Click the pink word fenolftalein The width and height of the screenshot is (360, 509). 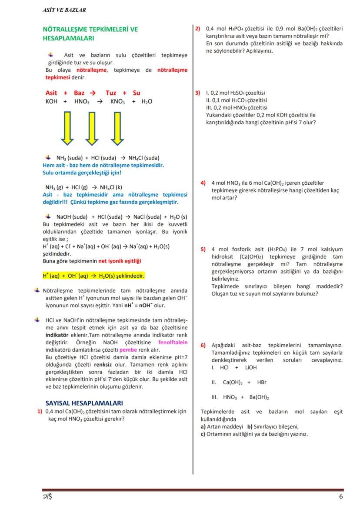(x=173, y=342)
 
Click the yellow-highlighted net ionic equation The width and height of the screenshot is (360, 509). (x=93, y=276)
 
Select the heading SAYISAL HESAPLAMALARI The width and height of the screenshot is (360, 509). (x=84, y=403)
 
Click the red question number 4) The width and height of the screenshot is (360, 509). (x=203, y=183)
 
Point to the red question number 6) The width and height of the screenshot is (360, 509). (x=203, y=345)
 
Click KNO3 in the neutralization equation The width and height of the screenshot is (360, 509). (x=117, y=102)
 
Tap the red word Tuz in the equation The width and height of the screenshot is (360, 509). (x=111, y=93)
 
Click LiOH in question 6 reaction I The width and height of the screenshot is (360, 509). (x=250, y=367)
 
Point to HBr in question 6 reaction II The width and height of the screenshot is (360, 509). (x=262, y=383)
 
